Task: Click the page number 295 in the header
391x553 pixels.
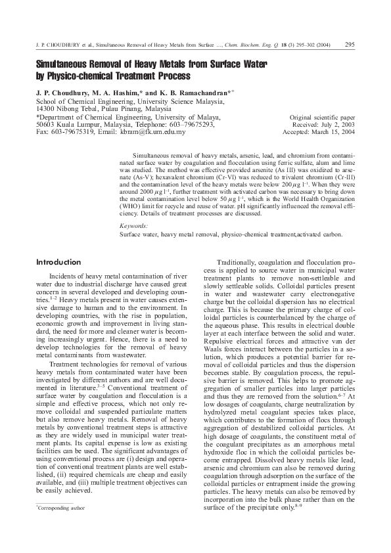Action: point(350,45)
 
